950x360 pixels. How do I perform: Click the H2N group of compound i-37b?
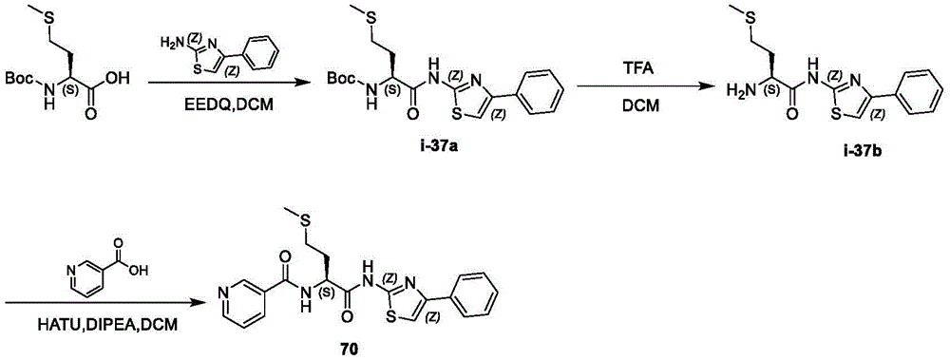[737, 87]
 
